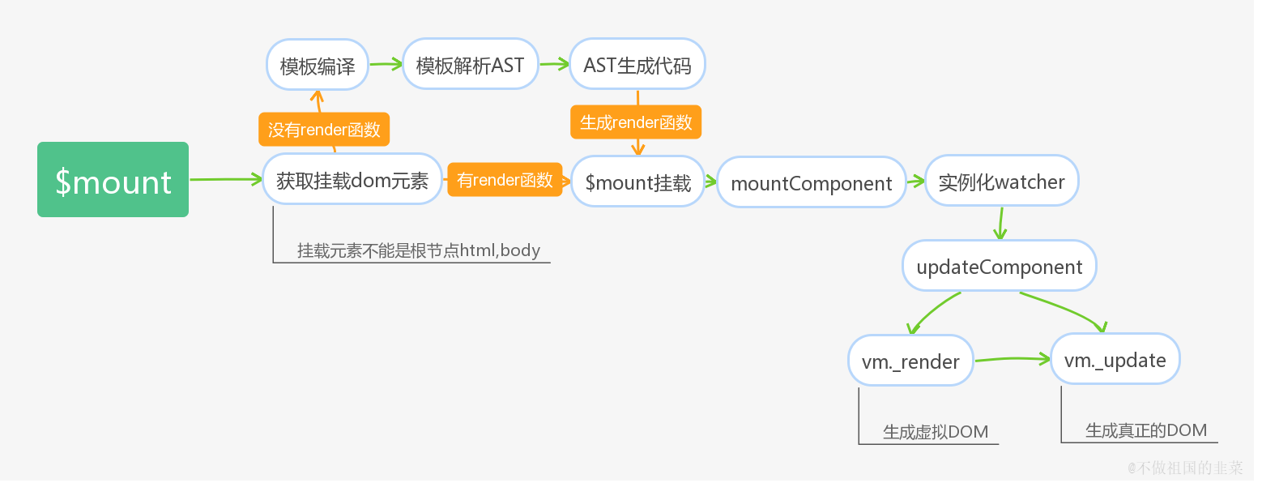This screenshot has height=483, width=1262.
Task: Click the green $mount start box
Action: pyautogui.click(x=113, y=180)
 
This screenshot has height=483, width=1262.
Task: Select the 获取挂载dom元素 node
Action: pyautogui.click(x=352, y=181)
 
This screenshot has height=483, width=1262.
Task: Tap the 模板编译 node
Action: pyautogui.click(x=318, y=65)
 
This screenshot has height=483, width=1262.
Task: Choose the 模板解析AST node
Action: pyautogui.click(x=470, y=65)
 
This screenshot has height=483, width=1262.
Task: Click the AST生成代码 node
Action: pyautogui.click(x=637, y=65)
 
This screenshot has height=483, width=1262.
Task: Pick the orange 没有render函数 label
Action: pyautogui.click(x=324, y=130)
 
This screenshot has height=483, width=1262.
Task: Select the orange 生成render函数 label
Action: pyautogui.click(x=636, y=122)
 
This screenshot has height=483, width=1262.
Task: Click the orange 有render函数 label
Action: pyautogui.click(x=505, y=180)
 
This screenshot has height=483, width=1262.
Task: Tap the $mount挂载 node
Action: pyautogui.click(x=637, y=182)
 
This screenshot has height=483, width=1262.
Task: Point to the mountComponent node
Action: pyautogui.click(x=812, y=183)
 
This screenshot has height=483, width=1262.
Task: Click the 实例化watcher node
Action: pyautogui.click(x=1001, y=182)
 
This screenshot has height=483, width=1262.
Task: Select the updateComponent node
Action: pyautogui.click(x=1000, y=267)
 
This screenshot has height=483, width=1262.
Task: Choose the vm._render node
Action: pyautogui.click(x=910, y=361)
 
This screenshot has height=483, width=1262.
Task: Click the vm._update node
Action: pyautogui.click(x=1115, y=360)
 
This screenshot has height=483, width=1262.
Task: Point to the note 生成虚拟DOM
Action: pyautogui.click(x=936, y=432)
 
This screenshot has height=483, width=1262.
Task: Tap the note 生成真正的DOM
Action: pyautogui.click(x=1145, y=430)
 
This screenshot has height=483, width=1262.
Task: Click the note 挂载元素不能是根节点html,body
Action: pyautogui.click(x=418, y=250)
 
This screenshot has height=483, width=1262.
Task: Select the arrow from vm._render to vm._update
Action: pyautogui.click(x=1013, y=358)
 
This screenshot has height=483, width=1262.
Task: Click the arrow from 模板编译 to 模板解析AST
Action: pyautogui.click(x=386, y=64)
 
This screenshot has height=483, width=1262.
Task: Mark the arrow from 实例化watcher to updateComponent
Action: pyautogui.click(x=1001, y=224)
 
